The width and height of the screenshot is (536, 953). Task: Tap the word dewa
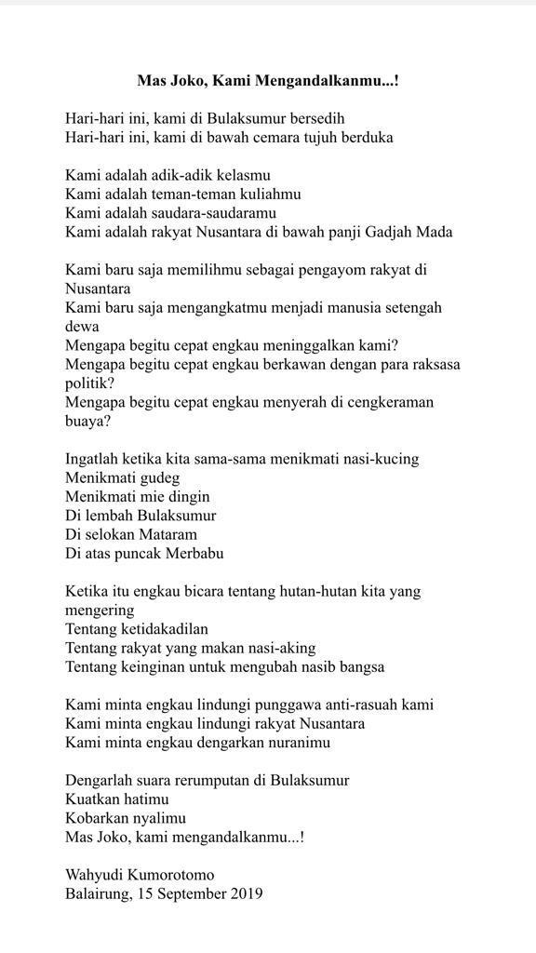82,327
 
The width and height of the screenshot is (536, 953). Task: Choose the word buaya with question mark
88,421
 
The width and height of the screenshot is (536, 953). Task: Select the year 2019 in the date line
246,893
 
